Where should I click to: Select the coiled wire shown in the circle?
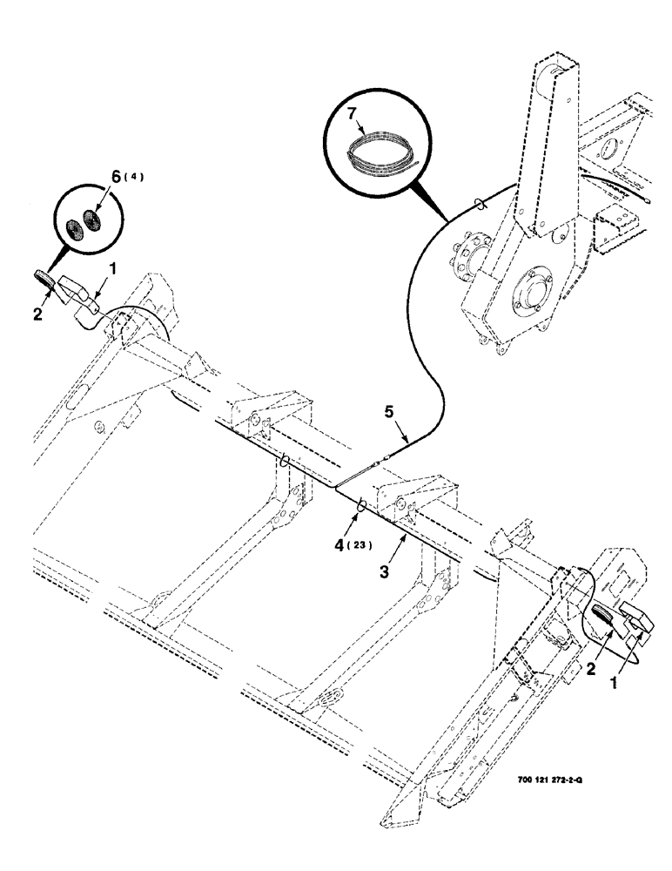[x=382, y=153]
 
